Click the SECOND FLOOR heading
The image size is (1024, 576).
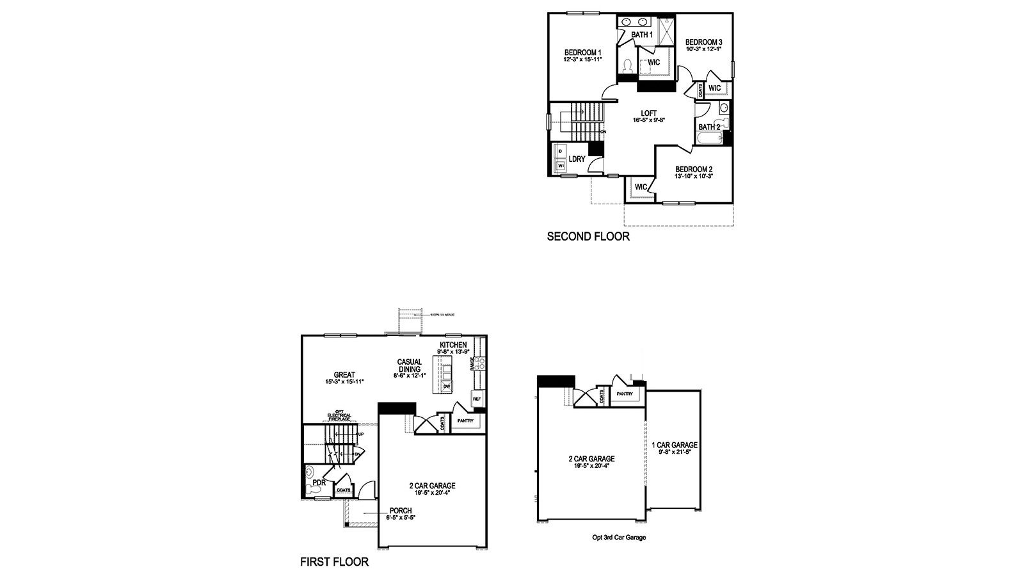pyautogui.click(x=588, y=237)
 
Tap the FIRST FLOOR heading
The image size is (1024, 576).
pyautogui.click(x=334, y=563)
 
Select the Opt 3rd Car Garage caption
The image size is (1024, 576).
pyautogui.click(x=619, y=538)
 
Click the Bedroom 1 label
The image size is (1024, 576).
pyautogui.click(x=582, y=52)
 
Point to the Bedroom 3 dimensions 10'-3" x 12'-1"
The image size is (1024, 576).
pyautogui.click(x=703, y=49)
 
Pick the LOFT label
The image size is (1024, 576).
pyautogui.click(x=649, y=113)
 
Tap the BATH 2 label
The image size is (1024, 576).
pyautogui.click(x=709, y=127)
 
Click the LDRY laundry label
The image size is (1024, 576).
pyautogui.click(x=577, y=159)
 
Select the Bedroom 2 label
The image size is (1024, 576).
pyautogui.click(x=694, y=170)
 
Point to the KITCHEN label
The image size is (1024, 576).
pyautogui.click(x=453, y=345)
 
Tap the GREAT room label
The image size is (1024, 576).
pyautogui.click(x=344, y=376)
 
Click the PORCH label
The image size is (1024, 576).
pyautogui.click(x=401, y=511)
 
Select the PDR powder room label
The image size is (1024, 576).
pyautogui.click(x=319, y=483)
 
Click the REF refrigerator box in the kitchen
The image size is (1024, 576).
pyautogui.click(x=477, y=399)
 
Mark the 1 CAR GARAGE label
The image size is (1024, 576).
pyautogui.click(x=675, y=445)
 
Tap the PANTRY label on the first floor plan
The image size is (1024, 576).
pyautogui.click(x=465, y=420)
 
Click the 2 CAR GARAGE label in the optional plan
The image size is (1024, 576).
pyautogui.click(x=592, y=459)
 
